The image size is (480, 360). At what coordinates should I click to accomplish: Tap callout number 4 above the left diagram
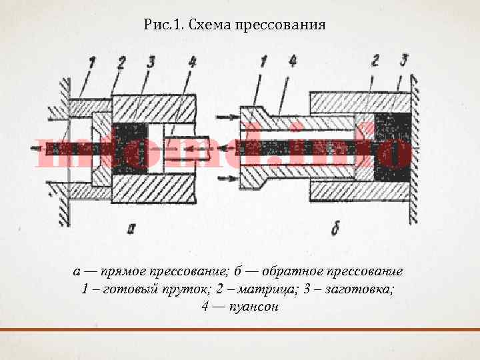192,62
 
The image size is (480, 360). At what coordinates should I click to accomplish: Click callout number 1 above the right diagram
263,62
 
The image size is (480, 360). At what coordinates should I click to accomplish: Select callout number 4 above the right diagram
293,62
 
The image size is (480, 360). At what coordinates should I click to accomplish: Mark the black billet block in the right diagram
392,147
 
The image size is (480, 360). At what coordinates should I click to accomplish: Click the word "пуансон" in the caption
253,307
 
